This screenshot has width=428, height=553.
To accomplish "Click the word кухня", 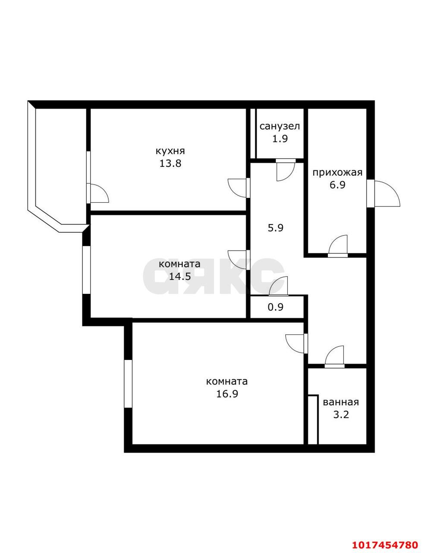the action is coord(170,151).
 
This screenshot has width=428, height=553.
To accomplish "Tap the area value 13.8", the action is coord(170,163).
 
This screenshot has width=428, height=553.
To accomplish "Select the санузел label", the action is coord(280,126).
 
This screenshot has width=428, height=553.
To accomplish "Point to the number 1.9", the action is coord(280,139).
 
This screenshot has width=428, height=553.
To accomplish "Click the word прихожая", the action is coord(337,173).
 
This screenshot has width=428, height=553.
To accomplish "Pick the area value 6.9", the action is coord(337,185).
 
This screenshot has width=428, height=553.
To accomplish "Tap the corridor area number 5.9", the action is coord(276,228).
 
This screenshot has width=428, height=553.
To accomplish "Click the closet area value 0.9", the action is coord(276,308).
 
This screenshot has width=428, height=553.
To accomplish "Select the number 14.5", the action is coord(179,276).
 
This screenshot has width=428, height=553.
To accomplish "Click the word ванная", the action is coord(341,403).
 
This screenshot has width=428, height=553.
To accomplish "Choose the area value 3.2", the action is coord(341,415).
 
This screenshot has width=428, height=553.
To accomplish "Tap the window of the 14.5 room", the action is coord(86,270).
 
